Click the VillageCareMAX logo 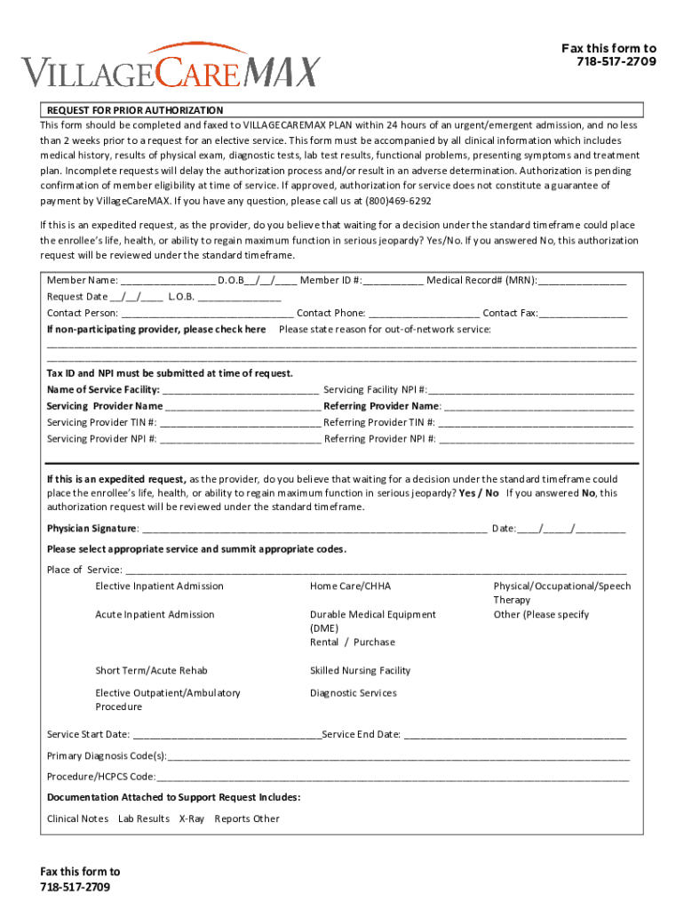(x=171, y=65)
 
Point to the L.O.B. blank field (x=239, y=297)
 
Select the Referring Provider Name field (x=538, y=406)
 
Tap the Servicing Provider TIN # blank (x=241, y=422)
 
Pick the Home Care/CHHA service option (x=350, y=586)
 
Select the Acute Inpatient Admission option (x=155, y=614)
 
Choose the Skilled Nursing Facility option (x=360, y=670)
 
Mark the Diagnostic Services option (x=353, y=692)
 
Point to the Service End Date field (x=514, y=735)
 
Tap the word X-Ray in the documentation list (x=191, y=818)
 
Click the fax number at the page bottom (x=76, y=888)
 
